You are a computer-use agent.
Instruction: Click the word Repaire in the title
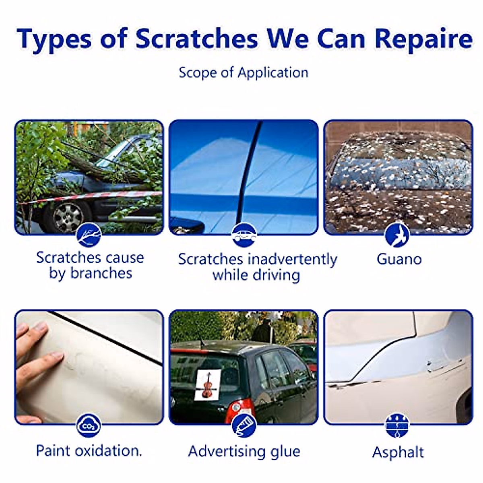pos(423,39)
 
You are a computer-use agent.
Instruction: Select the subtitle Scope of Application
pos(244,73)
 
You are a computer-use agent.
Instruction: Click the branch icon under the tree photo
pos(89,235)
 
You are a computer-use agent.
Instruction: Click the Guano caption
pos(399,259)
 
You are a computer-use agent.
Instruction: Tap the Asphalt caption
pos(398,452)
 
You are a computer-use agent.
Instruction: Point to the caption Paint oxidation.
pos(89,450)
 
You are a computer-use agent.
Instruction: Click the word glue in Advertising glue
pos(285,451)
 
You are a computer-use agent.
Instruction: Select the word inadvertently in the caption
pos(292,259)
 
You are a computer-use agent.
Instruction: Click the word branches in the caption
pos(101,273)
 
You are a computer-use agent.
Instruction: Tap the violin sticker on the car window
pos(208,385)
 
